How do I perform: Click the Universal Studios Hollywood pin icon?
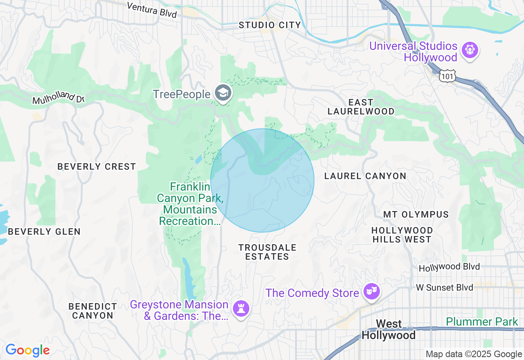click(x=470, y=51)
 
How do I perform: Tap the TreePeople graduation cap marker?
click(x=223, y=93)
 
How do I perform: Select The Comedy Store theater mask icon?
click(x=372, y=292)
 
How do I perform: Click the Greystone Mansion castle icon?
click(x=240, y=308)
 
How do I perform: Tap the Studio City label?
click(x=270, y=25)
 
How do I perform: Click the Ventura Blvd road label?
click(x=152, y=10)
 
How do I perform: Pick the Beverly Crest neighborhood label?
click(x=97, y=166)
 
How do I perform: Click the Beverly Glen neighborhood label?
click(x=44, y=232)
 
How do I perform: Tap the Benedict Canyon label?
click(x=93, y=311)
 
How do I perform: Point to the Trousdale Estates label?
click(x=267, y=252)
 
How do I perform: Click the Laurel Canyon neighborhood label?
click(x=365, y=176)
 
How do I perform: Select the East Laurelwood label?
click(x=361, y=107)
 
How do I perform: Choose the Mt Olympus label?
click(x=416, y=214)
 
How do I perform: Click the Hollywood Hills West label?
click(x=402, y=235)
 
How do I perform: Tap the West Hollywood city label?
click(x=388, y=330)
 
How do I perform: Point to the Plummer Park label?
click(x=482, y=322)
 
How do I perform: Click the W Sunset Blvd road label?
click(x=445, y=288)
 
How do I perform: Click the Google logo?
click(x=27, y=350)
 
